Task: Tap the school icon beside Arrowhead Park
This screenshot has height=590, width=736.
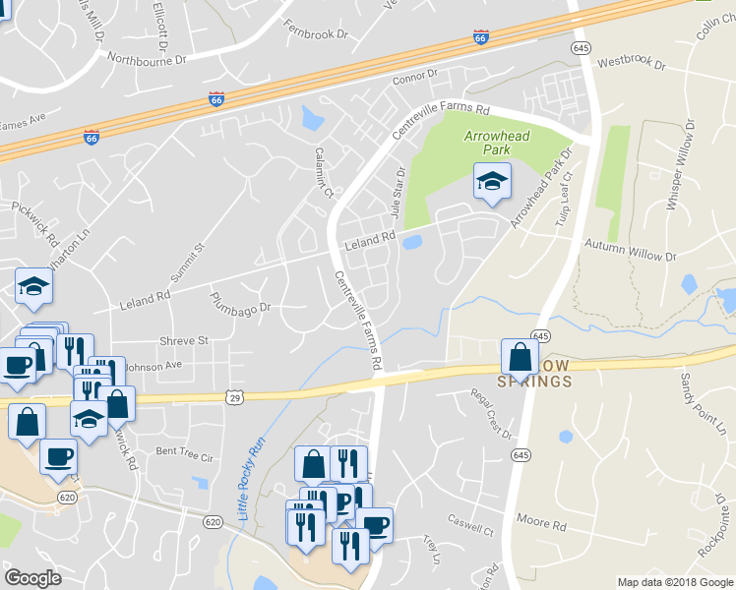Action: pyautogui.click(x=492, y=181)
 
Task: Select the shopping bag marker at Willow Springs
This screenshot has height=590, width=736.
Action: pyautogui.click(x=520, y=358)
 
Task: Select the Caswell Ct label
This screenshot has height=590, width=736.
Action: pyautogui.click(x=469, y=527)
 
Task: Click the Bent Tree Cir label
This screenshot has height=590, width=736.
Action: pyautogui.click(x=184, y=454)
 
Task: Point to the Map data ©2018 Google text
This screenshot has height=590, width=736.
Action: pyautogui.click(x=674, y=582)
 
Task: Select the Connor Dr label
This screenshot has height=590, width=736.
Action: pyautogui.click(x=413, y=75)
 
